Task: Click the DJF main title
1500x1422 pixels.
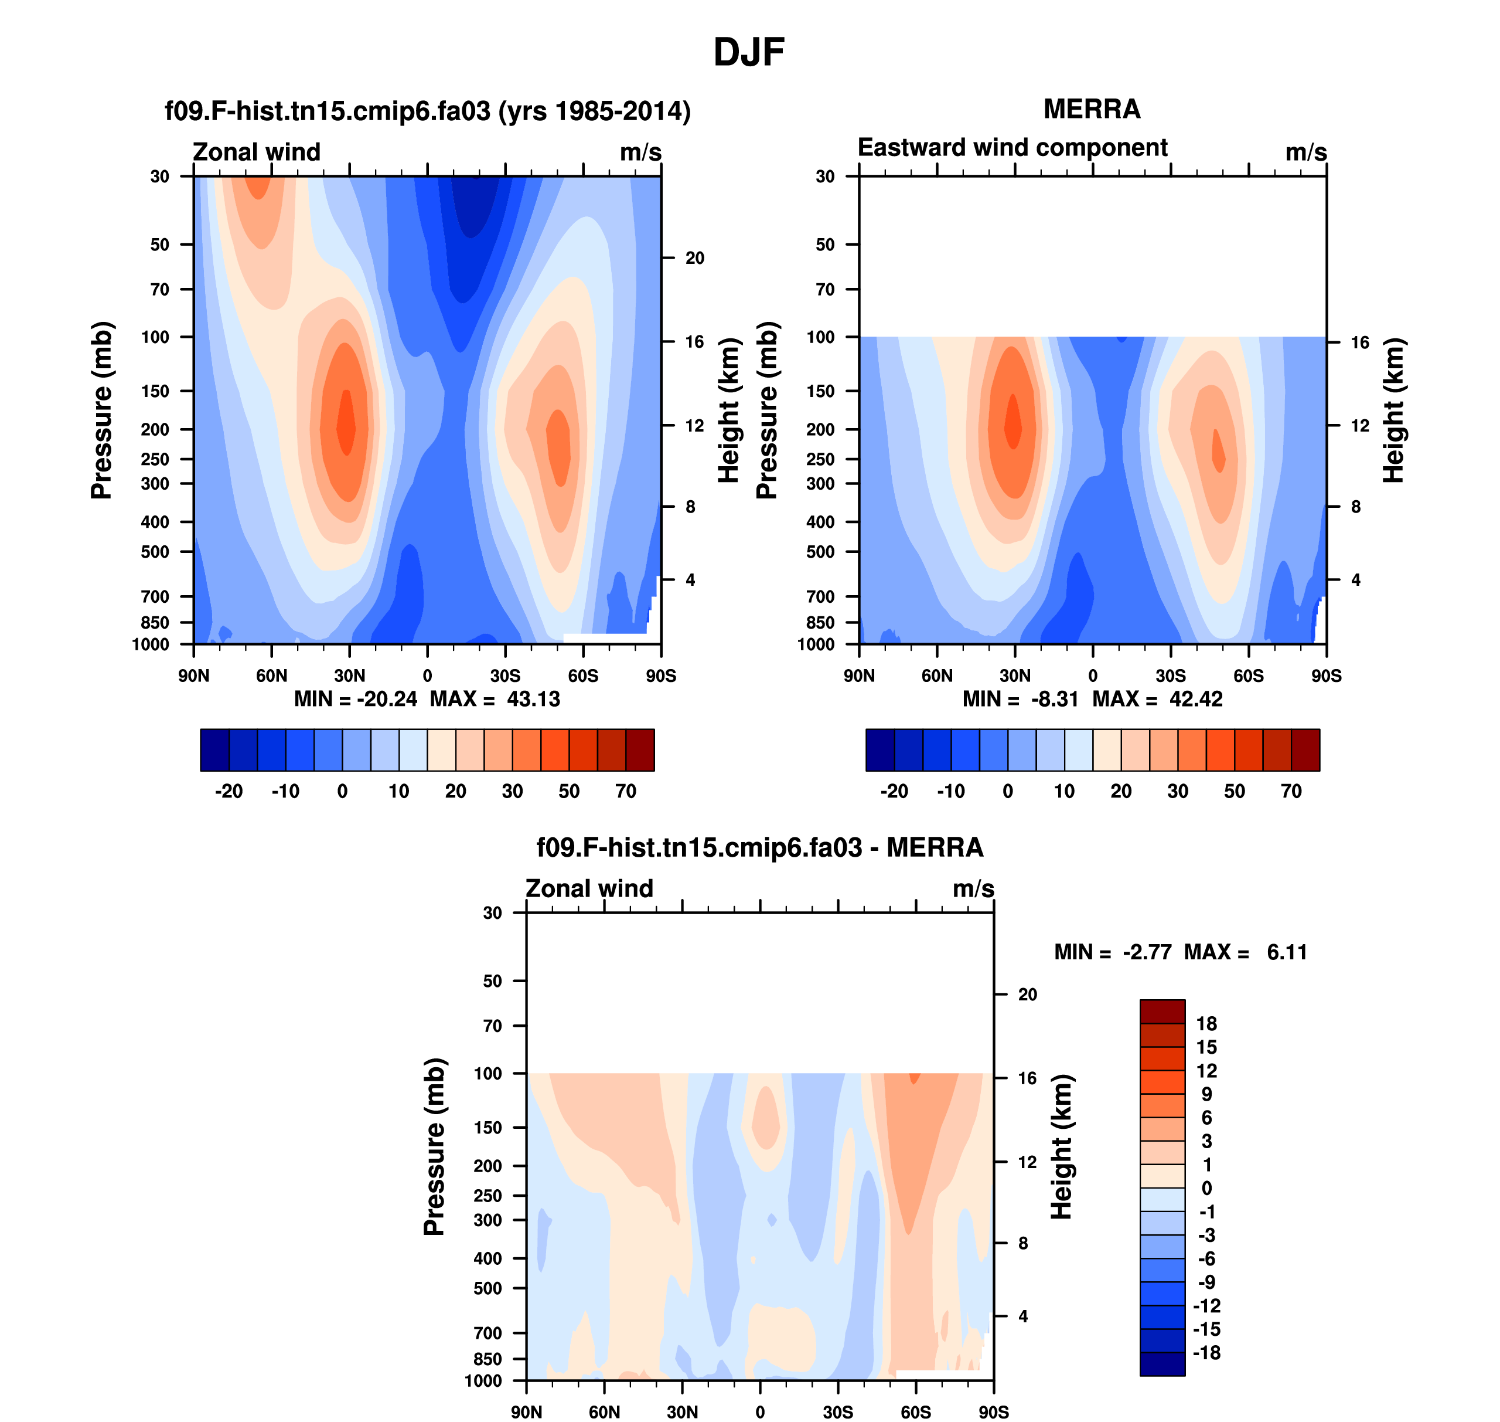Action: (748, 52)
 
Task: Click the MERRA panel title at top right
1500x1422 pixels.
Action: (1092, 109)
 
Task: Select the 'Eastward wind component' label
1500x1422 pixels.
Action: (1012, 147)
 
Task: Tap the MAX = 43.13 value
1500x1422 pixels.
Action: (496, 699)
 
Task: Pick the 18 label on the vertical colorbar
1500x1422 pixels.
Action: (1206, 1024)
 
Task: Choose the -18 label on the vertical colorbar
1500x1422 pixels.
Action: (1206, 1353)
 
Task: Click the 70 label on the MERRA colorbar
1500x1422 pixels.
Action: (1291, 792)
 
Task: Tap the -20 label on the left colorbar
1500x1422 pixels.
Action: (229, 792)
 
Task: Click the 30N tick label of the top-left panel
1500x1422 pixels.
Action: (349, 676)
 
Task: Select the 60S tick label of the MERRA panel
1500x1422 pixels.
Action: (1249, 676)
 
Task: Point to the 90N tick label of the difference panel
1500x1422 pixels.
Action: (527, 1412)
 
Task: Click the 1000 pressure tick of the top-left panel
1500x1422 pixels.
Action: (151, 645)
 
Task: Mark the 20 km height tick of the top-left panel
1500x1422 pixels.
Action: (695, 259)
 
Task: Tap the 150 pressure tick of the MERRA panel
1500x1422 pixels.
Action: (820, 391)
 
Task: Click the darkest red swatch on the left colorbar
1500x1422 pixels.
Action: (640, 749)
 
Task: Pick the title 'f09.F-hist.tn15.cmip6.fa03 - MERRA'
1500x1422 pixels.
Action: (760, 847)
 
